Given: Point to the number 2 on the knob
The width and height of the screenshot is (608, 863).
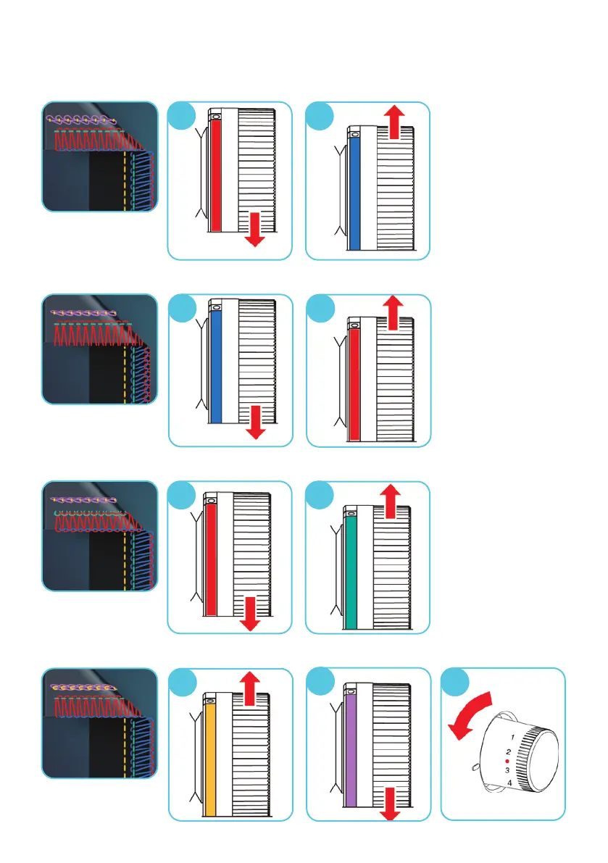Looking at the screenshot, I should (x=509, y=753).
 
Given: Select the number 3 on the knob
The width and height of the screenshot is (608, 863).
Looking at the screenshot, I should (x=509, y=770).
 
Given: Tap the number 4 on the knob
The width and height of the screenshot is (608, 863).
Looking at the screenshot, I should (x=509, y=783).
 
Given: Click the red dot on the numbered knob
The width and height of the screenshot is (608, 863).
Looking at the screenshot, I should (x=508, y=762).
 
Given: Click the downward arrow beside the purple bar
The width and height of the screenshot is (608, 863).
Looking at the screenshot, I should (x=391, y=804).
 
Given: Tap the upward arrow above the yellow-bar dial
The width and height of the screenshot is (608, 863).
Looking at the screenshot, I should (x=251, y=687).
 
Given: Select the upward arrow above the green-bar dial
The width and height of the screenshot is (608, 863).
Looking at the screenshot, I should (x=390, y=499).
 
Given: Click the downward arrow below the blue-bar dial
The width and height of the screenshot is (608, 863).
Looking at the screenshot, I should (x=254, y=422).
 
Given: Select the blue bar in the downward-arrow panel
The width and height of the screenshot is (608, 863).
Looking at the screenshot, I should (x=215, y=367).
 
